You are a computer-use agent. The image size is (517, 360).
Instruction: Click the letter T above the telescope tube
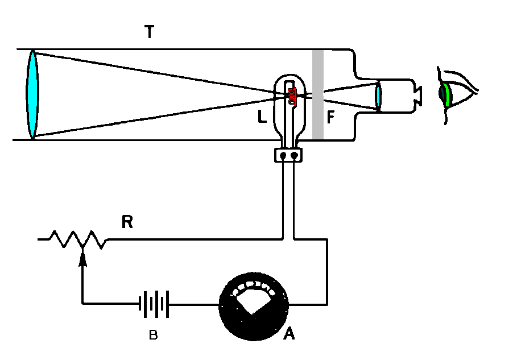click(149, 33)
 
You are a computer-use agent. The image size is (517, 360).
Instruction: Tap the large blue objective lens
click(32, 94)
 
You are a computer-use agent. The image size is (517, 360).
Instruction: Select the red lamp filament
click(292, 96)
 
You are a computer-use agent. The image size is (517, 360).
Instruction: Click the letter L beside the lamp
click(262, 117)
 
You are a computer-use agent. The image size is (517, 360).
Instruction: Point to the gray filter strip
click(318, 94)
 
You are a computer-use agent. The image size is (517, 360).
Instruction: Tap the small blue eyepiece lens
click(378, 95)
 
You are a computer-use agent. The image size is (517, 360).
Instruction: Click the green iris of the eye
click(449, 94)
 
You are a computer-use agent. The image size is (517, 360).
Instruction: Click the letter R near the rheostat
click(127, 222)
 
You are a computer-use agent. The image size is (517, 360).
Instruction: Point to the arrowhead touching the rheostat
click(83, 259)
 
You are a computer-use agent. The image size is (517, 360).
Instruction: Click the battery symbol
click(154, 304)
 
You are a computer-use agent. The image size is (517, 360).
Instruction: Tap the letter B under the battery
click(153, 336)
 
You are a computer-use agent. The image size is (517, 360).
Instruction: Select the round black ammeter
click(254, 304)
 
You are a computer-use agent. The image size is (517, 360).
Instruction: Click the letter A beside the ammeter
click(288, 335)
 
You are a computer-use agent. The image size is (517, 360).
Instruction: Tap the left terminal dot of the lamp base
click(282, 154)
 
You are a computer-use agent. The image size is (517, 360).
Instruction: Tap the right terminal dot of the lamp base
click(293, 154)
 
